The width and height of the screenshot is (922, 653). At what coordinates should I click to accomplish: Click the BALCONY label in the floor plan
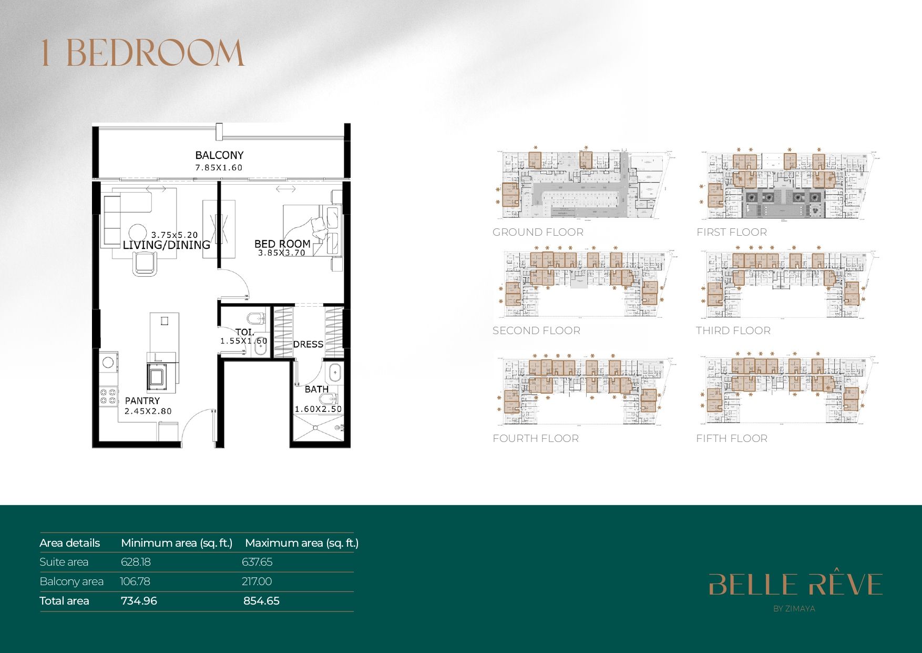219,155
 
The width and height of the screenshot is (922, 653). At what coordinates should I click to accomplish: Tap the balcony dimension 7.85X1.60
219,168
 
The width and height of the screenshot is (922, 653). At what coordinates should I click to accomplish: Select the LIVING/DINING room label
166,245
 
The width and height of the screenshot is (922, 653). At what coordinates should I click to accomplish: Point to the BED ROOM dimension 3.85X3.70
281,253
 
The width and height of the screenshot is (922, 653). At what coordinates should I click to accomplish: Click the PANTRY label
142,401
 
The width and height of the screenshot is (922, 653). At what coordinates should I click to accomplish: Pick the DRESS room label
308,345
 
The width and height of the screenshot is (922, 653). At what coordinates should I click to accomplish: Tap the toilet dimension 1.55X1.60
243,341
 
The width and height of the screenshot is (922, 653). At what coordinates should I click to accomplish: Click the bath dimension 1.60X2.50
318,409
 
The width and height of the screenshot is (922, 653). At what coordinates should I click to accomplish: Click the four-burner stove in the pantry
108,396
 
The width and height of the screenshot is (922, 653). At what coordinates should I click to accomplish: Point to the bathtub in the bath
335,374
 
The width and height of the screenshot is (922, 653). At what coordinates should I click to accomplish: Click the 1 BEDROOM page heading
142,53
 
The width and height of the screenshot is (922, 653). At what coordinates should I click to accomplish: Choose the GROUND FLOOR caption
538,232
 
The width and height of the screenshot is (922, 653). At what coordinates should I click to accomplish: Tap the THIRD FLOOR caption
733,330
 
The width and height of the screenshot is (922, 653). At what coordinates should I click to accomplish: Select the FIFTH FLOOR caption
731,438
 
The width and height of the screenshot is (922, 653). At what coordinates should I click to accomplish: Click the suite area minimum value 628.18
136,562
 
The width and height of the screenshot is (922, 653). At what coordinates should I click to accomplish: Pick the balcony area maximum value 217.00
257,581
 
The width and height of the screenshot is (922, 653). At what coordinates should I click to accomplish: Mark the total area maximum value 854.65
261,601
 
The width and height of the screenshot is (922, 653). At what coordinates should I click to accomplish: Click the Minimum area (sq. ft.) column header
177,543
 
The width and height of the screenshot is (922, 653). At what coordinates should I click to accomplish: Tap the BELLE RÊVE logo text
795,585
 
